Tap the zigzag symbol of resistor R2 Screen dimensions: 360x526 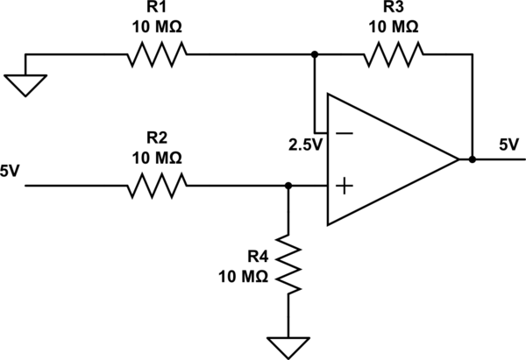pyautogui.click(x=157, y=185)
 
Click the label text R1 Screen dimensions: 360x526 pyautogui.click(x=157, y=9)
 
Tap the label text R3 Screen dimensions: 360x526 pyautogui.click(x=394, y=9)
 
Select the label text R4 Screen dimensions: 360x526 pyautogui.click(x=256, y=256)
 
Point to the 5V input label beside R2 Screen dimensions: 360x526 pyautogui.click(x=11, y=171)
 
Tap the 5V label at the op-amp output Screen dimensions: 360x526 pyautogui.click(x=508, y=143)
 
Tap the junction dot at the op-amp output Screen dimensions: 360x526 pyautogui.click(x=473, y=159)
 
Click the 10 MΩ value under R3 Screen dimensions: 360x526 pyautogui.click(x=394, y=26)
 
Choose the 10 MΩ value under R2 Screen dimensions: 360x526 pyautogui.click(x=157, y=158)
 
